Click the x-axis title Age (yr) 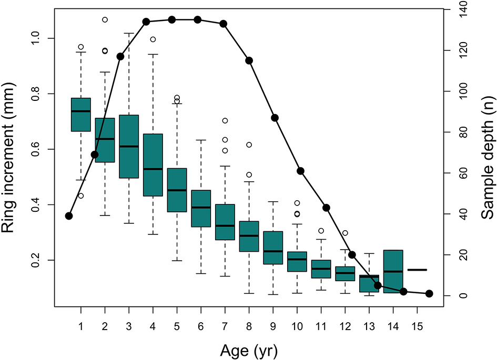[x=250, y=349]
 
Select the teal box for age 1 [x=81, y=115]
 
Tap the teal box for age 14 [x=393, y=272]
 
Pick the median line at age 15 [x=417, y=270]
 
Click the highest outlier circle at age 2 [x=105, y=19]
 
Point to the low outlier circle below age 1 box [x=81, y=196]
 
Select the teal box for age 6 [x=201, y=209]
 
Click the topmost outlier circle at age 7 [x=225, y=120]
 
